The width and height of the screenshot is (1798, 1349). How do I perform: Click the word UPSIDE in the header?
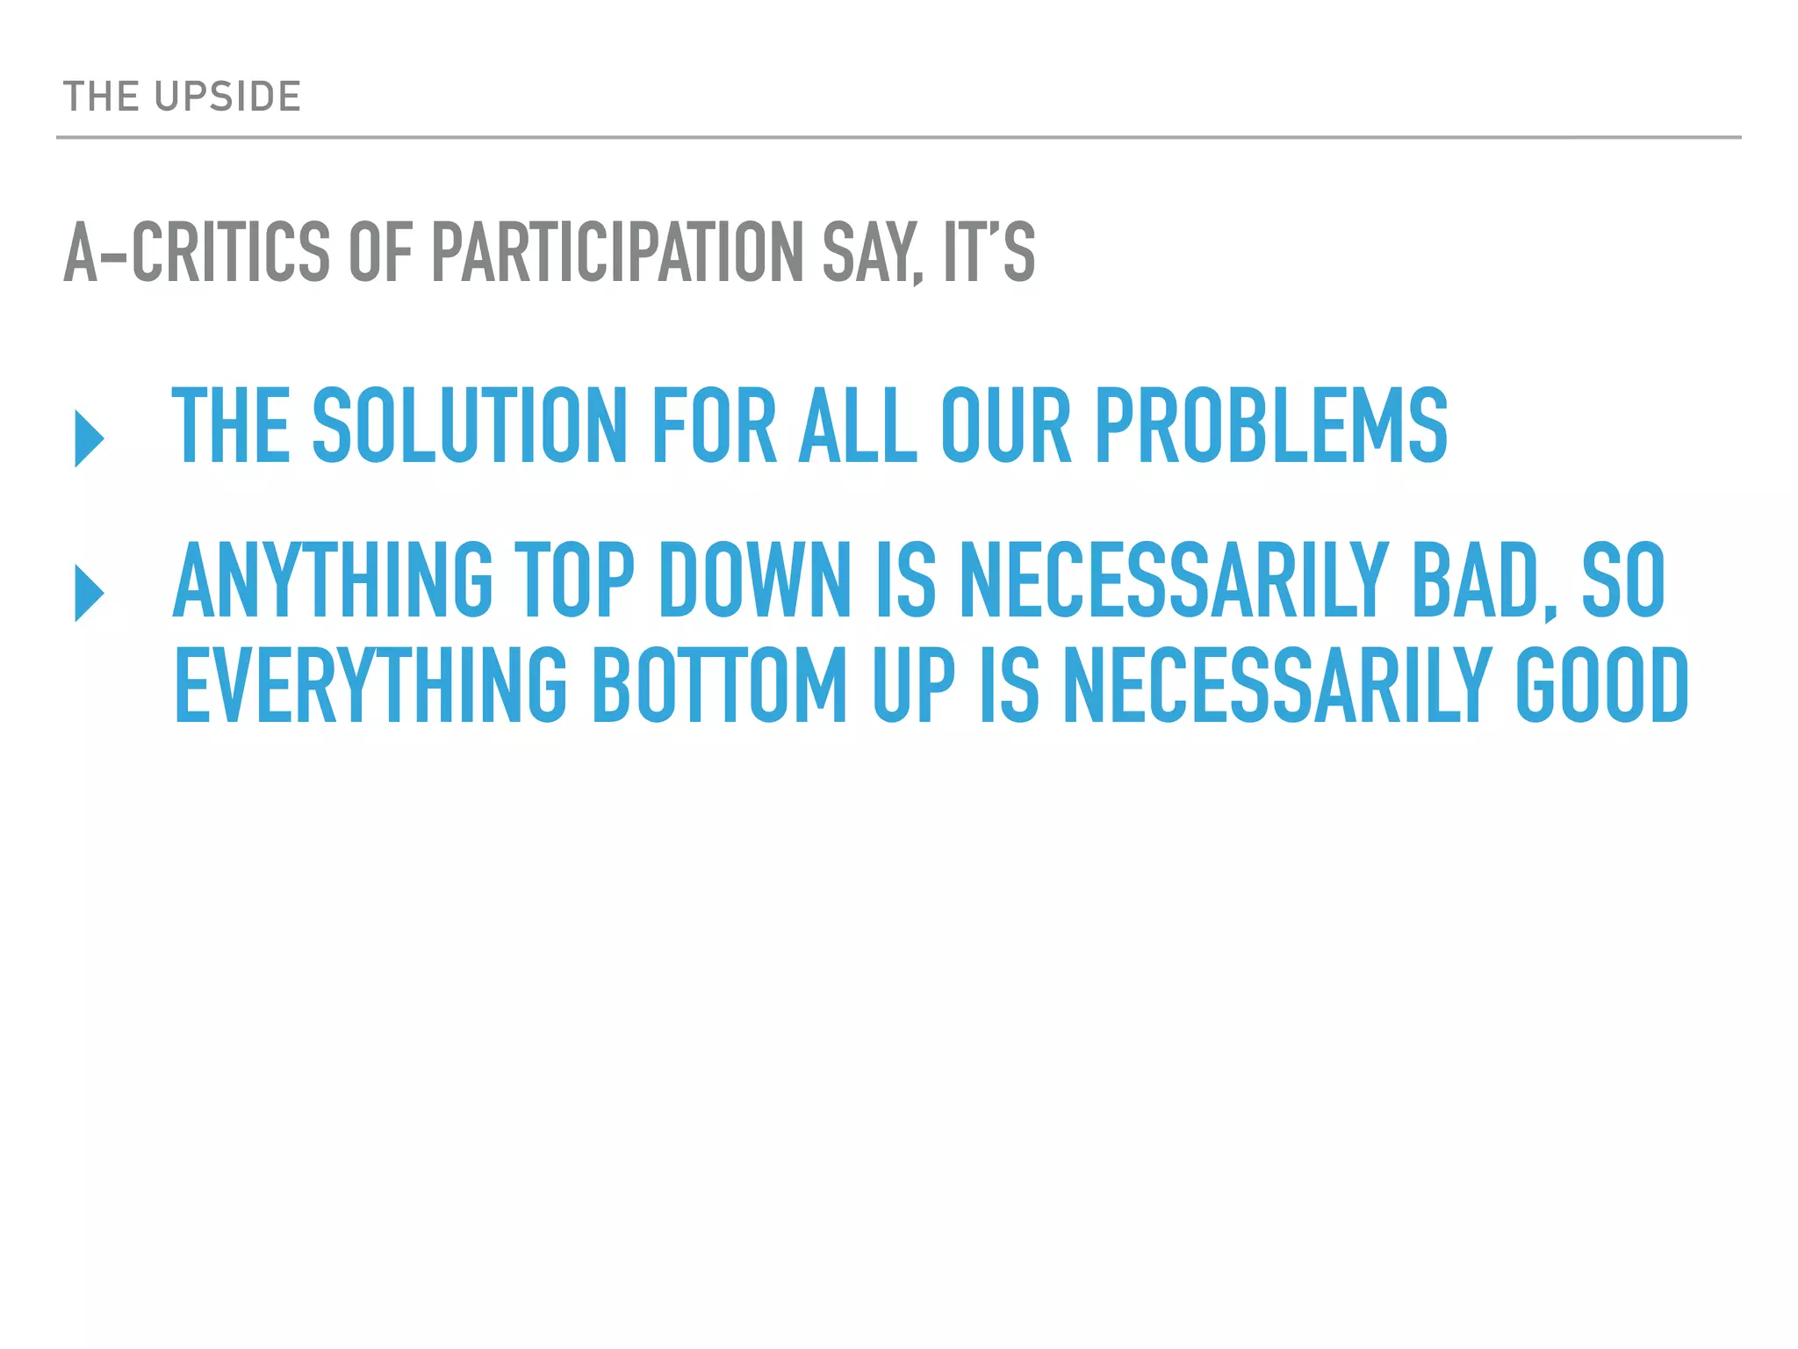[x=227, y=97]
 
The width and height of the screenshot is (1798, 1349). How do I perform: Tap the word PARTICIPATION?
[x=617, y=253]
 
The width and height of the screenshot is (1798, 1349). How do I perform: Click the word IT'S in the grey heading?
[x=989, y=253]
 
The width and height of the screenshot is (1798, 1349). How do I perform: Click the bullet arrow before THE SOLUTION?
[x=90, y=437]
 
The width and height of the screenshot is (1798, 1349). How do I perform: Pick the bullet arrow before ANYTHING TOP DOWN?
[x=90, y=593]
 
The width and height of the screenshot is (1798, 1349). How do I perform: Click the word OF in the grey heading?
[x=380, y=253]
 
